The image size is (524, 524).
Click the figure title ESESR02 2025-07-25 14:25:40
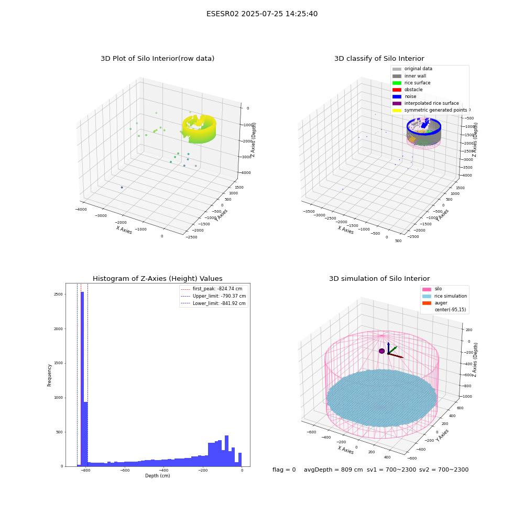coord(262,14)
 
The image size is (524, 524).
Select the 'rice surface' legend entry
coord(411,83)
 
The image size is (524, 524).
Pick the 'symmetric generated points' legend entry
coord(430,110)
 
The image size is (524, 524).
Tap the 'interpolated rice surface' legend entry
coord(425,103)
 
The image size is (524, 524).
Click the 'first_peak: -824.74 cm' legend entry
coord(212,289)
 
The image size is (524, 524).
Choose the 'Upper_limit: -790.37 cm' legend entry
coord(213,296)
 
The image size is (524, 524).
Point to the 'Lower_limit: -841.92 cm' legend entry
coord(213,303)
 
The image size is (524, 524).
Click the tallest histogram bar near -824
coord(82,379)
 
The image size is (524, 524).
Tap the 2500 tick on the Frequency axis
coord(58,294)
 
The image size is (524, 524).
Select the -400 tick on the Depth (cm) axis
coord(163,470)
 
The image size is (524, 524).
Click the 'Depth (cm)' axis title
coord(157,476)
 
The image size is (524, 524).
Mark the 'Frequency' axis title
coord(49,375)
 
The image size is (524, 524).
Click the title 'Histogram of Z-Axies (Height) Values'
coord(157,278)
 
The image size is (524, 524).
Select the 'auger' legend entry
coord(435,303)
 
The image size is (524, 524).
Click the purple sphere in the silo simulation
coord(381,351)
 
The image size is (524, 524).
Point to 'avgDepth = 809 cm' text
coord(333,470)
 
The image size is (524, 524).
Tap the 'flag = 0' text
coord(284,470)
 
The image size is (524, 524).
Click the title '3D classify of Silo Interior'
coord(379,59)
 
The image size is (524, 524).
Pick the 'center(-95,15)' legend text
coord(450,310)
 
